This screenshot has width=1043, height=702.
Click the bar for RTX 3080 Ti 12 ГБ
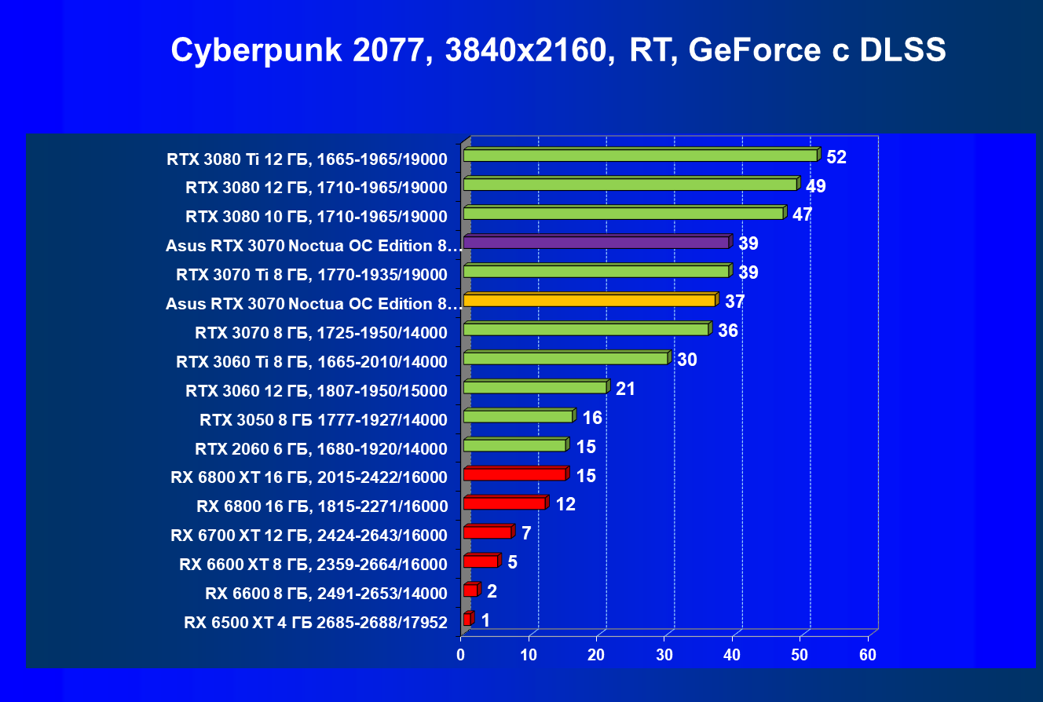pos(640,155)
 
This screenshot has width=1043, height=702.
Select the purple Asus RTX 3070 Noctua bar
pos(597,243)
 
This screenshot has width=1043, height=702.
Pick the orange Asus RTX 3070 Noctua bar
pos(589,300)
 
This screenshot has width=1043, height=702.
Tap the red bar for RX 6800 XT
pos(514,474)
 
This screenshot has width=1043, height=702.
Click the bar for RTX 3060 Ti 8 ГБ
pos(565,358)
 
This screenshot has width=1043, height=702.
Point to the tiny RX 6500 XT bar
pos(467,620)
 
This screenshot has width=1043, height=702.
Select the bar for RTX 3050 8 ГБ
pos(518,416)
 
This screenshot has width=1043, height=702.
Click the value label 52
pos(836,157)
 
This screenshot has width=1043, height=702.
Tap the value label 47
pos(802,215)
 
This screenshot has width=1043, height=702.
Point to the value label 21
pos(625,389)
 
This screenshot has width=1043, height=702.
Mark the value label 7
pos(525,534)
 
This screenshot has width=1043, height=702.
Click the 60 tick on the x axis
pos(868,655)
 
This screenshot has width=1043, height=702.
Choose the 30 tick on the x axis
pos(664,655)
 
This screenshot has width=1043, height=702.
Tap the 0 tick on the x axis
pos(461,655)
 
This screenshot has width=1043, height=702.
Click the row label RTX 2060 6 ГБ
pos(321,449)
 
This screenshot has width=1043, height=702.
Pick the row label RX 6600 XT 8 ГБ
pos(313,564)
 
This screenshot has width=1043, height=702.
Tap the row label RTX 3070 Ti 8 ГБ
pos(312,274)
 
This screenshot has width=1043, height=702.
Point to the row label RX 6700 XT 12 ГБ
pos(309,536)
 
